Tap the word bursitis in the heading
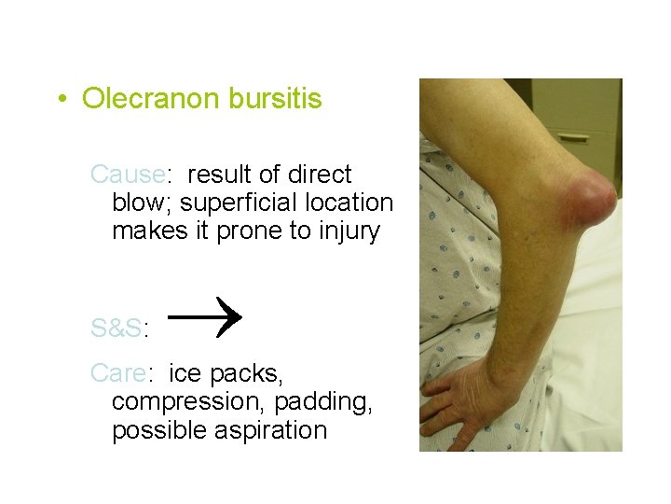click(277, 98)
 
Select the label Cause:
click(130, 175)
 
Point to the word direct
click(318, 175)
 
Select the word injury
click(347, 231)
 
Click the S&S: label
click(121, 329)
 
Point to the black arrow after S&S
click(207, 315)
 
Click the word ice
click(185, 374)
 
